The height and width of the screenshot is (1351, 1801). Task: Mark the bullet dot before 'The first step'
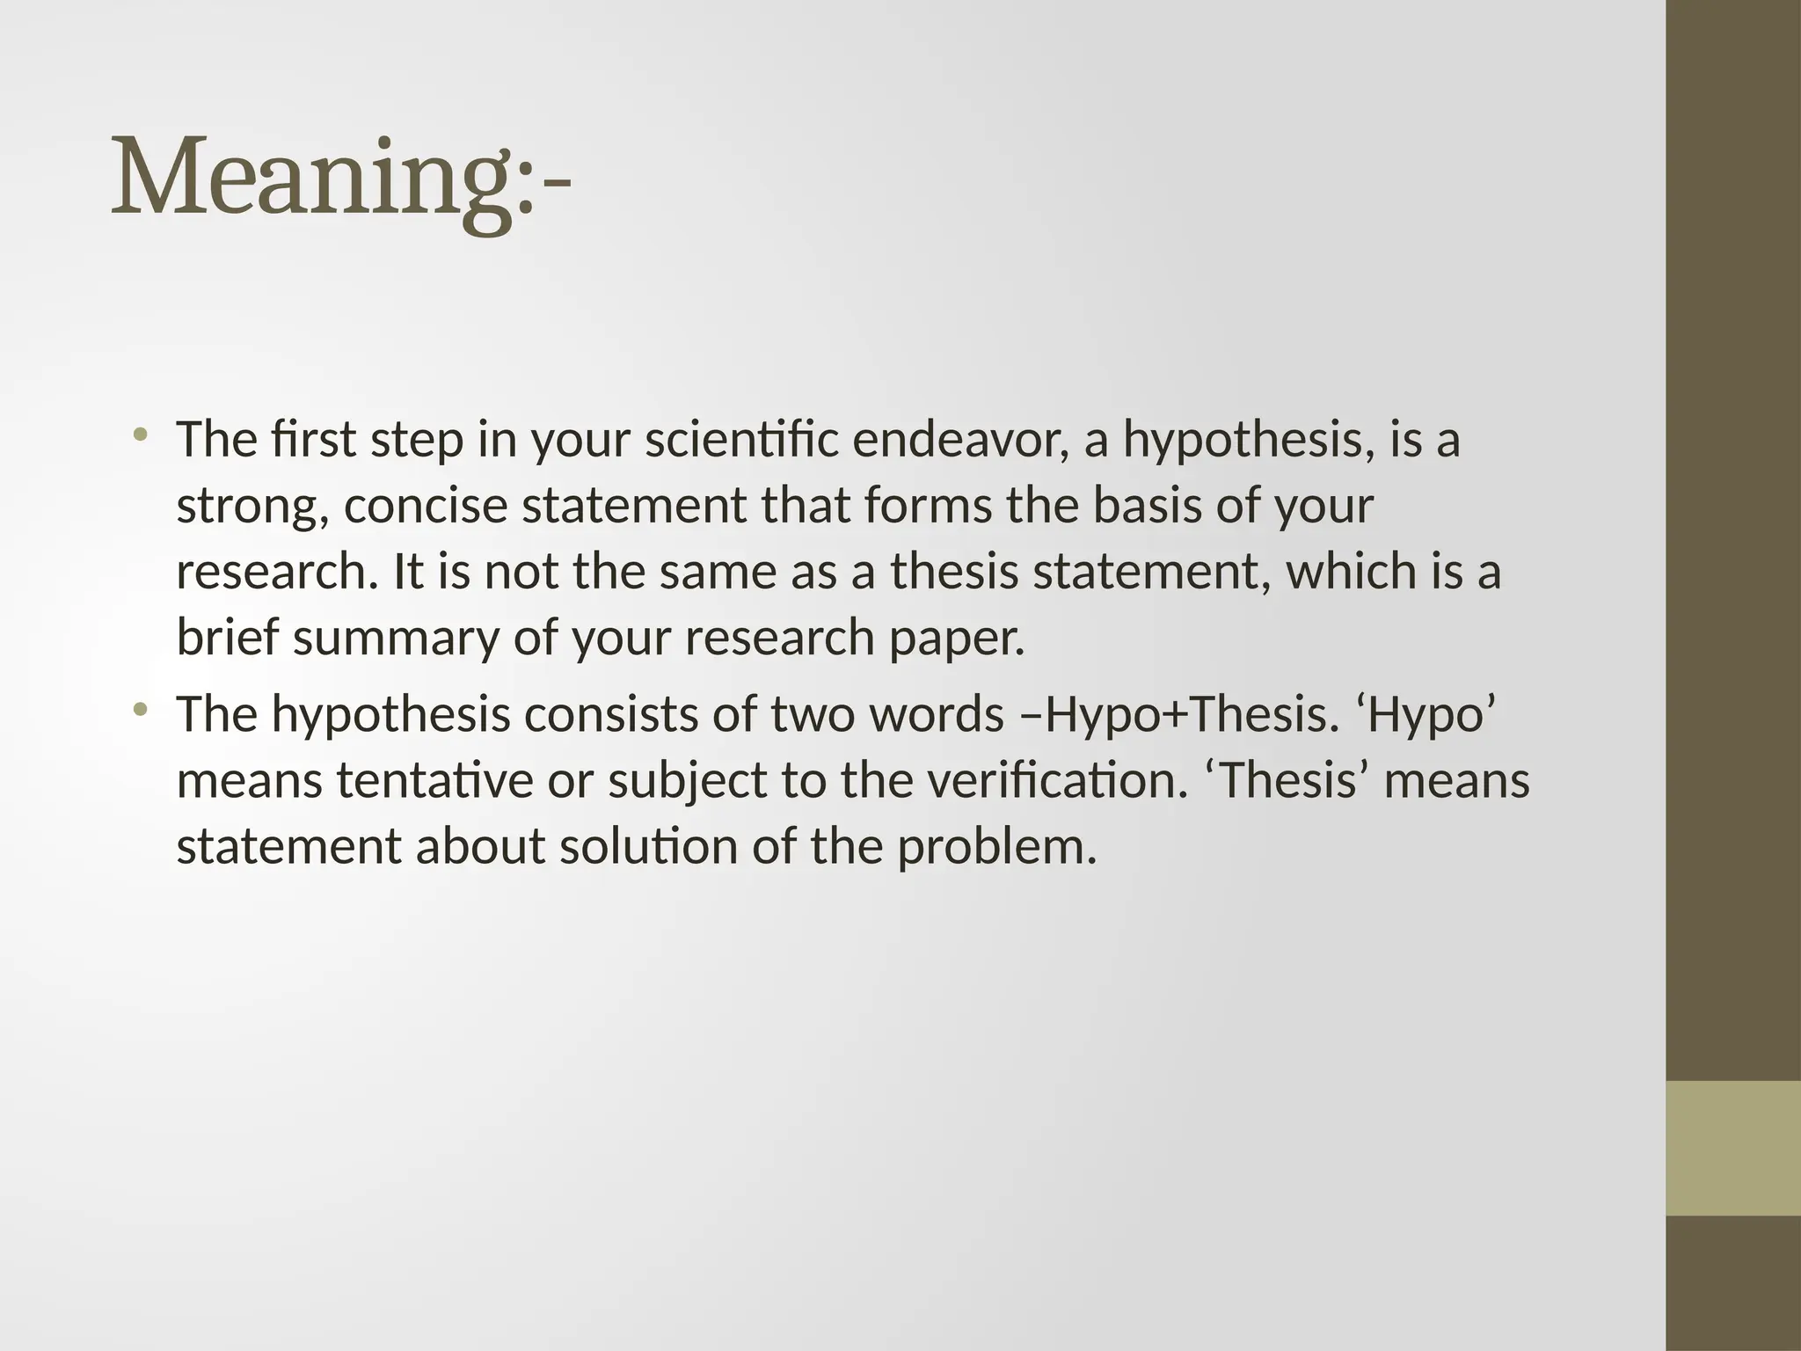(x=140, y=435)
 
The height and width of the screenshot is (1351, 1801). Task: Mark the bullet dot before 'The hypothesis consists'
(x=140, y=708)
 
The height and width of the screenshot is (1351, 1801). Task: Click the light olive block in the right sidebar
(x=1733, y=1148)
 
